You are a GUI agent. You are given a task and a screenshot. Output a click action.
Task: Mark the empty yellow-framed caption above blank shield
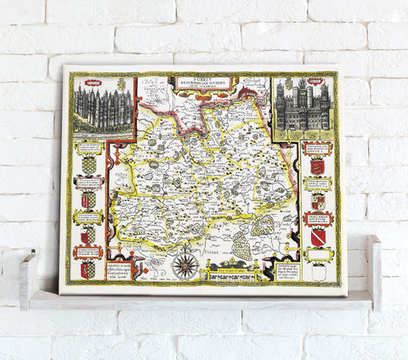coord(318,255)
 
